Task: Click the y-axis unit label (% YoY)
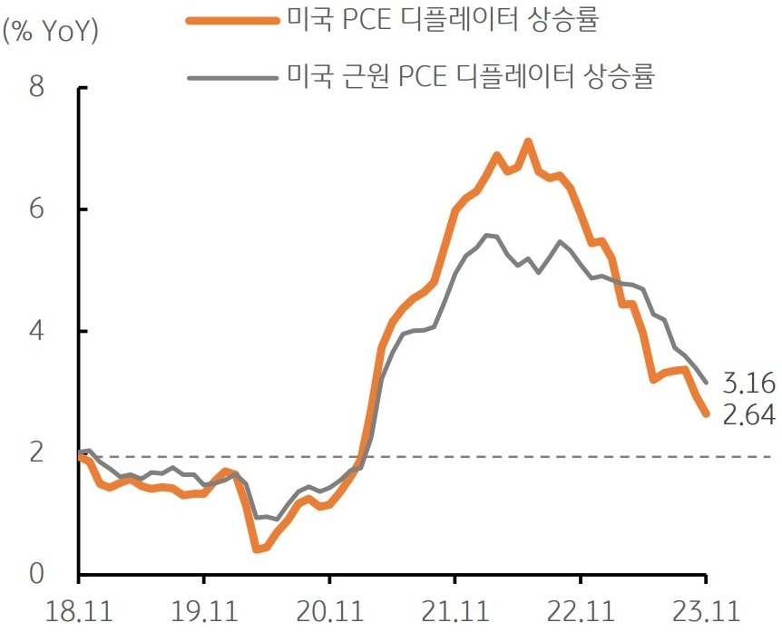[51, 31]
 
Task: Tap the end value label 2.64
[748, 415]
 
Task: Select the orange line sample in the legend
[230, 23]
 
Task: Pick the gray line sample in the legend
[230, 77]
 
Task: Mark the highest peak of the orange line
[528, 141]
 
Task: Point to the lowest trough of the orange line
[257, 549]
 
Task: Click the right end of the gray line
[706, 382]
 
